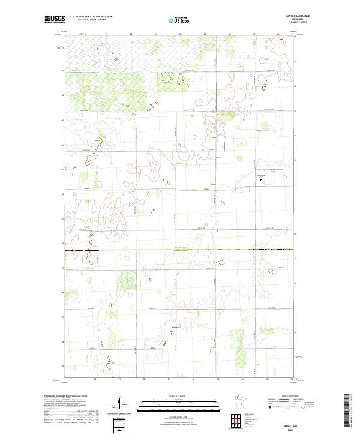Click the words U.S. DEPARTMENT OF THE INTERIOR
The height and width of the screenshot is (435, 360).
(x=91, y=16)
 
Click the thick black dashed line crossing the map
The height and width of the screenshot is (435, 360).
(x=180, y=250)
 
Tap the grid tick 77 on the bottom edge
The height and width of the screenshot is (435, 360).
(x=70, y=379)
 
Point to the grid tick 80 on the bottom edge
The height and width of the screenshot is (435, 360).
(x=145, y=379)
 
